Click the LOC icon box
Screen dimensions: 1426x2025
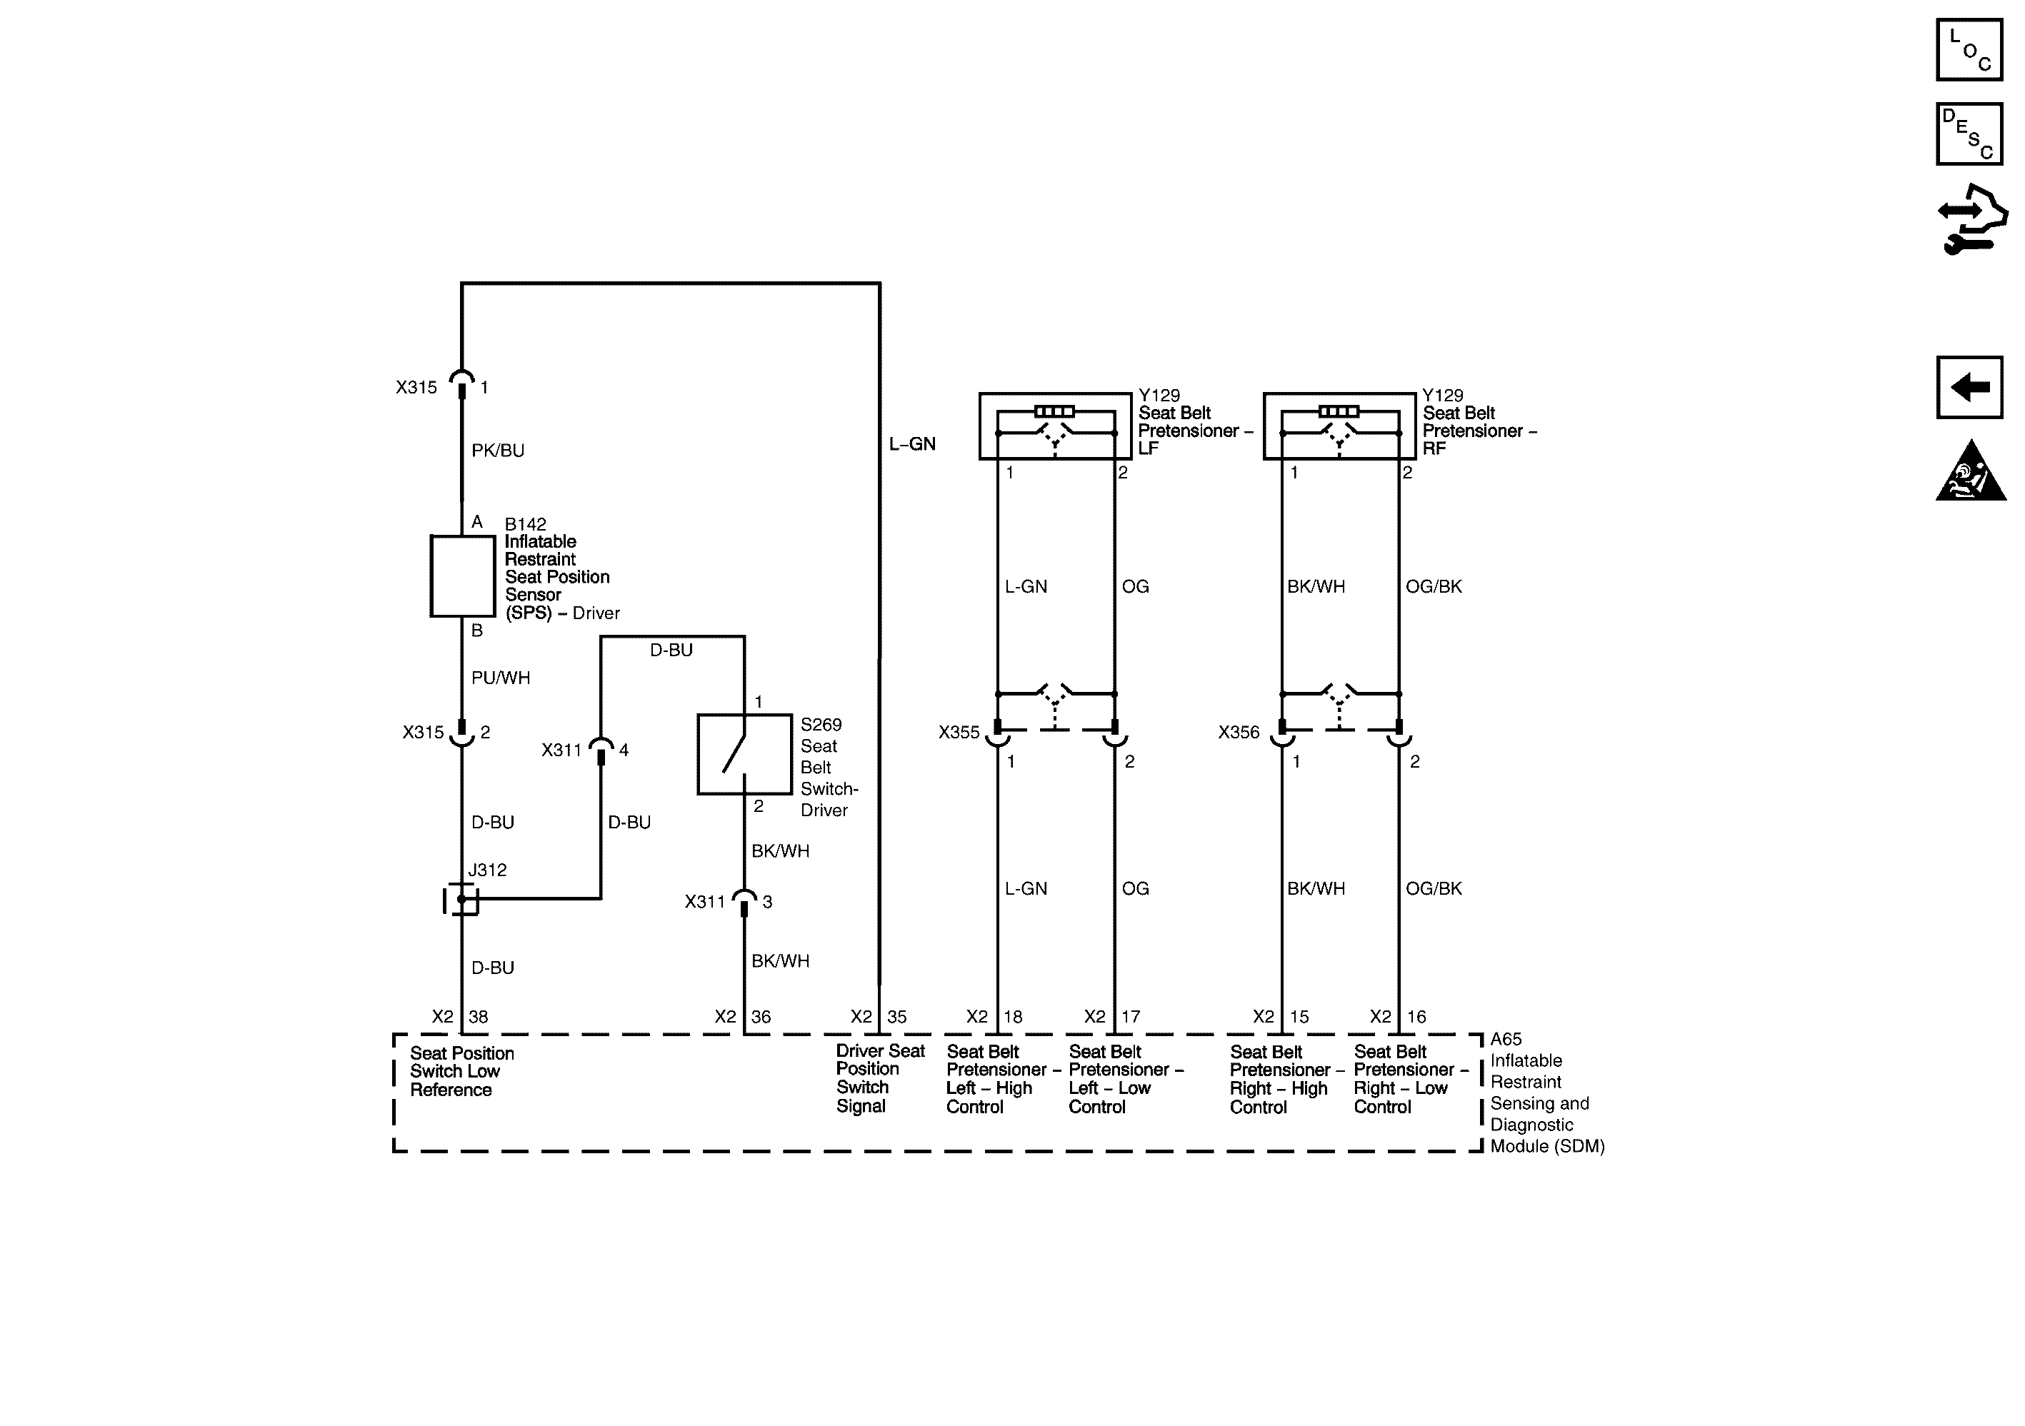[1969, 50]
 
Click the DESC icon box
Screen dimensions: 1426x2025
[1969, 134]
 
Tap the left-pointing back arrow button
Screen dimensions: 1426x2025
[1969, 386]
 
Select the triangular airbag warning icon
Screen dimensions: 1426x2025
[1970, 473]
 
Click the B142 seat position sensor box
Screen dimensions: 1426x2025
[462, 576]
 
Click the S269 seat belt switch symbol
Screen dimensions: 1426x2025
[744, 754]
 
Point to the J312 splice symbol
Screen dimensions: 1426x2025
[461, 898]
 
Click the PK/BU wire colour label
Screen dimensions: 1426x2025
[497, 451]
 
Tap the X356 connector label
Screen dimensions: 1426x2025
[1239, 733]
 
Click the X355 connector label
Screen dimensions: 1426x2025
[959, 733]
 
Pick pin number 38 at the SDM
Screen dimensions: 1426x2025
[478, 1017]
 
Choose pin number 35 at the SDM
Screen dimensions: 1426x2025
[896, 1017]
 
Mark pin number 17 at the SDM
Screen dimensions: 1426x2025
[1130, 1017]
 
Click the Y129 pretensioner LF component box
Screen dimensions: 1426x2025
[1055, 426]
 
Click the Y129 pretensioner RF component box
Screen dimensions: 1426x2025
[1339, 426]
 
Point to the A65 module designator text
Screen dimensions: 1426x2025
[1506, 1039]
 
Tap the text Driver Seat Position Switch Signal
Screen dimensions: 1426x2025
[879, 1078]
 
